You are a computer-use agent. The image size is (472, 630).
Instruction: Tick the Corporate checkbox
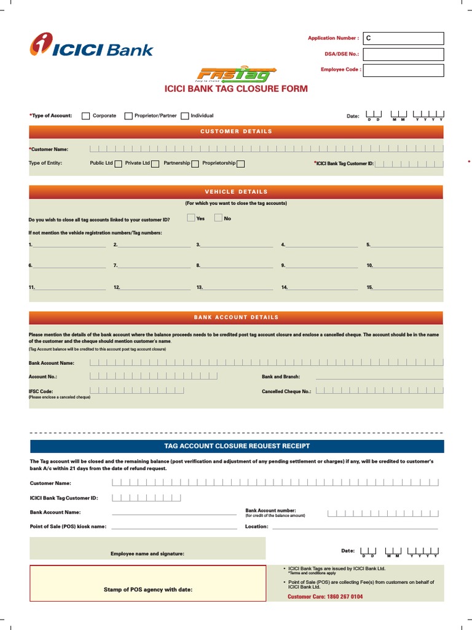[86, 116]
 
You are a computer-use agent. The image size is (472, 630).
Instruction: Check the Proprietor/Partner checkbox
[128, 116]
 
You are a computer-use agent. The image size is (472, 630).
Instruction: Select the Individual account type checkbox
[185, 116]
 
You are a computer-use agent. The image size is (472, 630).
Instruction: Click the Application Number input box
[403, 38]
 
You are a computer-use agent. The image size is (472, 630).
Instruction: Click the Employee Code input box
[403, 70]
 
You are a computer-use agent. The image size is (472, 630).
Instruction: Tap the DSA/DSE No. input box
[403, 54]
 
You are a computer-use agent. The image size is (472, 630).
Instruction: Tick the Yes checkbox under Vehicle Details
[191, 218]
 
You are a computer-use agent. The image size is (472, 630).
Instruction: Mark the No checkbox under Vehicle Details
[218, 218]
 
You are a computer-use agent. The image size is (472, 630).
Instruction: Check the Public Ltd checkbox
[118, 164]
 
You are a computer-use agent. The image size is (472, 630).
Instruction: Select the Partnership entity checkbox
[195, 164]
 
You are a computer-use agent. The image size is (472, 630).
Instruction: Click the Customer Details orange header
[236, 131]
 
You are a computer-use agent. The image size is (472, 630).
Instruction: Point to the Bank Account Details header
[236, 317]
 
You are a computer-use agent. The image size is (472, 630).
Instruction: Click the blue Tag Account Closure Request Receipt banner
[237, 446]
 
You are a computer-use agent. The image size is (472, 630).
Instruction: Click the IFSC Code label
[41, 391]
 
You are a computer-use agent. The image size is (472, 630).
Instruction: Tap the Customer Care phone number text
[325, 597]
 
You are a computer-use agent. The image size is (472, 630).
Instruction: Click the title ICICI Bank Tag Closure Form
[236, 89]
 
